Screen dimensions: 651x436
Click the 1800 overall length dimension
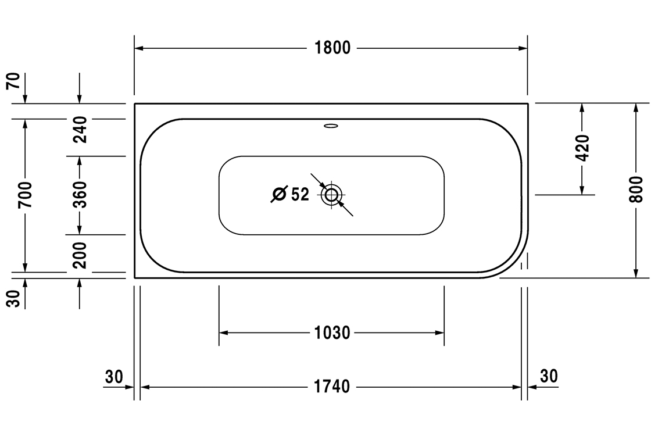pos(332,48)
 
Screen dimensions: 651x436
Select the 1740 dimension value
pos(332,387)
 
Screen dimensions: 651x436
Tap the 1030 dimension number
pos(332,333)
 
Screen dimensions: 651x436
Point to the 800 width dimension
pos(636,190)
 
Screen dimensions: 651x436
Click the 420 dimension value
pos(582,148)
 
